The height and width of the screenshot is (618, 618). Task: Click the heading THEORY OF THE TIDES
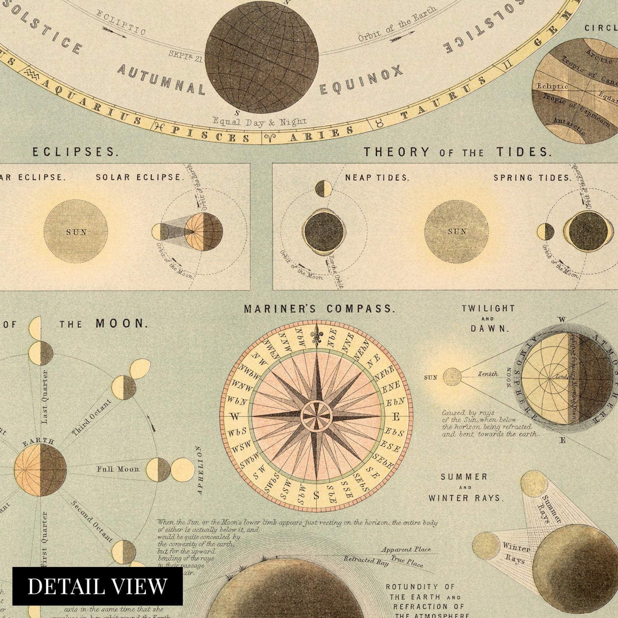[x=458, y=152]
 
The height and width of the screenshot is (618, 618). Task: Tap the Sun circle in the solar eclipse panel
[x=76, y=232]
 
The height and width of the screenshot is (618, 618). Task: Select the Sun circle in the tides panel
[x=456, y=232]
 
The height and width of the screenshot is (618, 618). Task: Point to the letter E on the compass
[x=396, y=417]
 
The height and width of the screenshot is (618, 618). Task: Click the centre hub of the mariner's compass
[x=316, y=416]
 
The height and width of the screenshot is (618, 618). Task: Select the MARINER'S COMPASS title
[x=320, y=309]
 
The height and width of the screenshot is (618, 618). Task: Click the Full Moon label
[x=118, y=469]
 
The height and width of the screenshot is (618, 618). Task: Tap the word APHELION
[x=200, y=470]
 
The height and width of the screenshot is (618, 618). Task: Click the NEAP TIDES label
[x=377, y=178]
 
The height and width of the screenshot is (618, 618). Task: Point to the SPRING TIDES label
[x=532, y=178]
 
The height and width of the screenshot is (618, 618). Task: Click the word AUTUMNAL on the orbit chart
[x=161, y=80]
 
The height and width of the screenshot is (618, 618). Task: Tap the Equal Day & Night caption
[x=260, y=122]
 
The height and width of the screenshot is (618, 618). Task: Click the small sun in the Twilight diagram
[x=452, y=377]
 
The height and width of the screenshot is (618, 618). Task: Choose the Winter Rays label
[x=516, y=552]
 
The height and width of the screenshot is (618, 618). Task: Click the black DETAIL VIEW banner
[x=97, y=586]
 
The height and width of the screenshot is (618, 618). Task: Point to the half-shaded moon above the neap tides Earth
[x=323, y=188]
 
